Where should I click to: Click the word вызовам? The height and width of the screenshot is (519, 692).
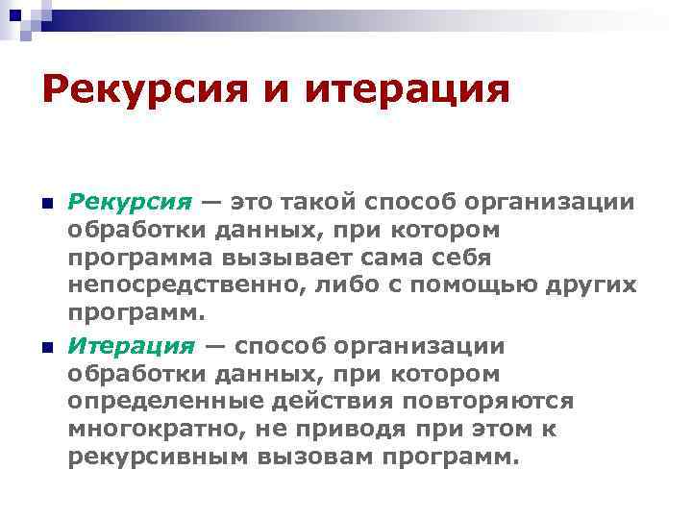pos(309,457)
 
